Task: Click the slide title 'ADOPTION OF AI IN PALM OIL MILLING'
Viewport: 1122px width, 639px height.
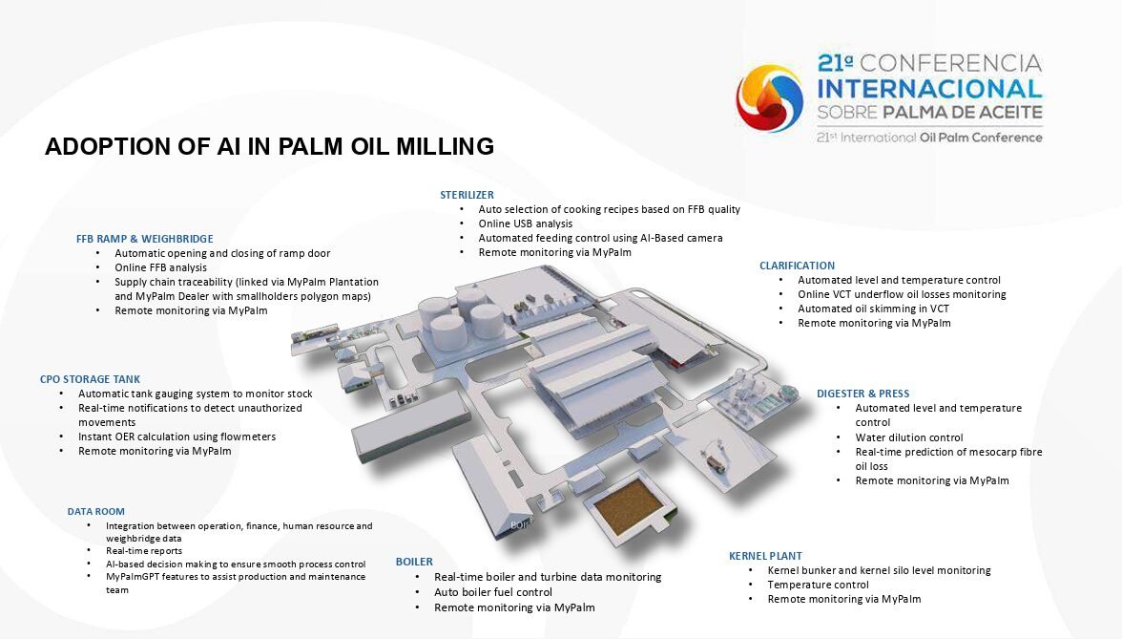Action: pos(269,146)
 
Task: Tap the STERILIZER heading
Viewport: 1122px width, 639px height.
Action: pos(467,195)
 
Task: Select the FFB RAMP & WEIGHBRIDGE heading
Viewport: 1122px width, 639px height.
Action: pos(145,239)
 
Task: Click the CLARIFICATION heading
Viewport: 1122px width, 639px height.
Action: pos(798,266)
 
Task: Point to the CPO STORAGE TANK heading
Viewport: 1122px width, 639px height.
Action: pos(90,379)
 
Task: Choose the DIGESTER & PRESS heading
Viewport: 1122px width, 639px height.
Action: pos(862,394)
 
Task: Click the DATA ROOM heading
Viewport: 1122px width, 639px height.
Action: pos(95,512)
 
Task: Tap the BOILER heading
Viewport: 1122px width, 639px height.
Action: pos(414,562)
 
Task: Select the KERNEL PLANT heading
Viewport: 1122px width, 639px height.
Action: pos(765,556)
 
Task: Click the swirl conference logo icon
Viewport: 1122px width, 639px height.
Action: pos(770,99)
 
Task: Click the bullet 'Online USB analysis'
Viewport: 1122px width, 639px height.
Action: pos(525,224)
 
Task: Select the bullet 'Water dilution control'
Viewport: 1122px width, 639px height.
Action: pos(908,437)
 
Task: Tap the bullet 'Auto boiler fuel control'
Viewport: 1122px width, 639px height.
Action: pos(493,592)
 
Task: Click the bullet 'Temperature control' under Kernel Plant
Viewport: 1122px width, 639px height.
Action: pos(818,585)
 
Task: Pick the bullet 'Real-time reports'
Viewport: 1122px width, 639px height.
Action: pos(144,551)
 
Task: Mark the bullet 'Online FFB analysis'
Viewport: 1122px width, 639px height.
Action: pos(160,267)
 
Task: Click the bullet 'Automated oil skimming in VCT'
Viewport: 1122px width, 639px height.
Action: pos(874,309)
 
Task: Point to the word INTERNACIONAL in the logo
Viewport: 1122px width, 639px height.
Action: pos(929,89)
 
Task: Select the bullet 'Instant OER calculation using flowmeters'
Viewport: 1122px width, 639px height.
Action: pos(177,437)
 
